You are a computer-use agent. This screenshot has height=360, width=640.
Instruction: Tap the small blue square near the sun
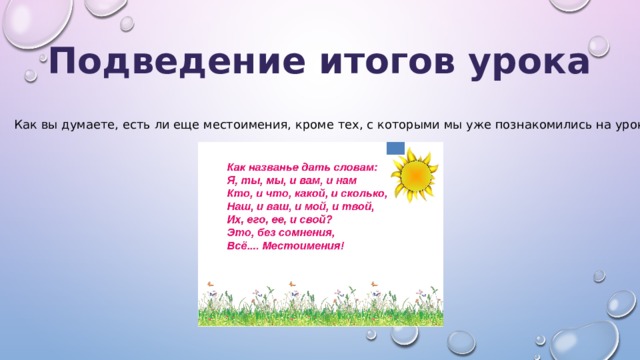pyautogui.click(x=394, y=149)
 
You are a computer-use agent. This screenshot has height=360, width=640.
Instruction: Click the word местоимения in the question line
pyautogui.click(x=296, y=127)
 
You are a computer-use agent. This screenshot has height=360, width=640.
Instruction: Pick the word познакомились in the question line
pyautogui.click(x=521, y=127)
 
